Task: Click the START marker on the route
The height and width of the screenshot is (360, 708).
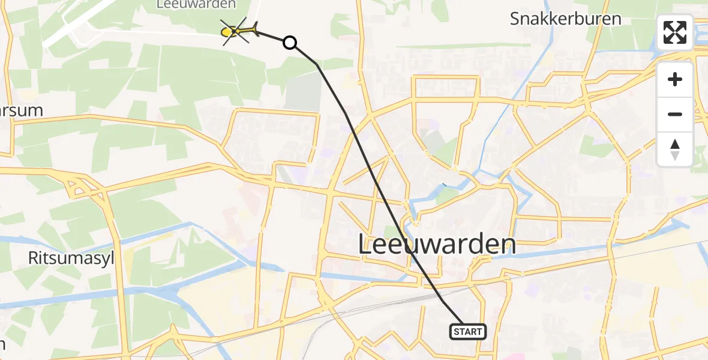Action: click(467, 331)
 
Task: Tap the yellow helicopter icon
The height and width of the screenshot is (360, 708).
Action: click(239, 31)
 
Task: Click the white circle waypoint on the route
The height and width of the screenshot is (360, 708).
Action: click(290, 43)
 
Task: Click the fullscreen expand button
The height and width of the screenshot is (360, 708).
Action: click(675, 32)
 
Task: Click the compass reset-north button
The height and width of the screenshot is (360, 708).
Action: click(675, 149)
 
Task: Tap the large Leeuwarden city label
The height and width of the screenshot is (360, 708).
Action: click(437, 245)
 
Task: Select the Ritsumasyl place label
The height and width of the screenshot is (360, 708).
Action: click(71, 259)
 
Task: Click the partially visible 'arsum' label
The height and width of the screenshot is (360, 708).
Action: click(22, 110)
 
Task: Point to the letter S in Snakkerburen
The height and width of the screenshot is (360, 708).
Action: click(515, 19)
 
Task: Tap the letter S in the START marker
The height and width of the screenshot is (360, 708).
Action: click(456, 332)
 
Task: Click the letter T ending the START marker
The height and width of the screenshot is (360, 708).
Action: click(479, 332)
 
